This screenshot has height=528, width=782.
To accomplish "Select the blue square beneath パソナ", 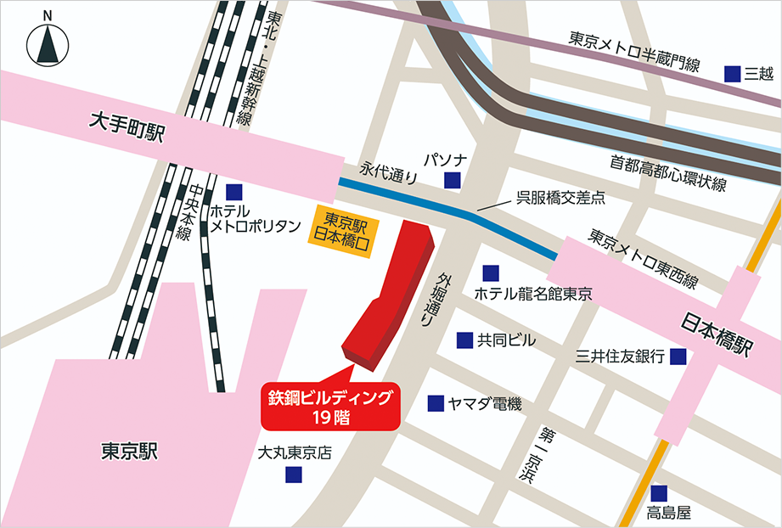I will click(453, 179).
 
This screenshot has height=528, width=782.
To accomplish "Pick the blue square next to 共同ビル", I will click(464, 340).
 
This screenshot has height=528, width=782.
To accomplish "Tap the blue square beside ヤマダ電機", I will click(436, 403).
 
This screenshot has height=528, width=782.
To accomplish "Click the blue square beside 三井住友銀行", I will click(678, 357).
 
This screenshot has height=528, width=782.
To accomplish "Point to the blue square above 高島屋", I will click(660, 492).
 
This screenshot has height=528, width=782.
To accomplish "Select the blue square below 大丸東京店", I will click(293, 476).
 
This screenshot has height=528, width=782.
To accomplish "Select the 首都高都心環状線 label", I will click(668, 173).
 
